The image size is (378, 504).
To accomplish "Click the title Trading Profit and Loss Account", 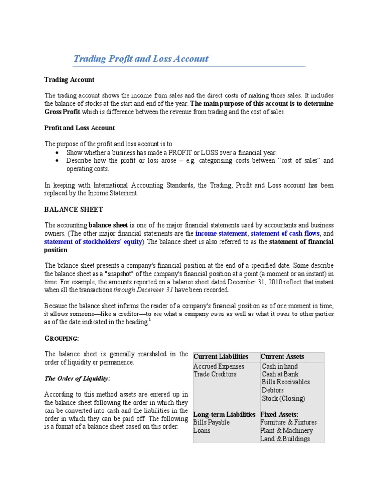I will [141, 59].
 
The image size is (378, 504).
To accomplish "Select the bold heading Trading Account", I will [69, 80].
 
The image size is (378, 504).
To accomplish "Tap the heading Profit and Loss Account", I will [80, 128].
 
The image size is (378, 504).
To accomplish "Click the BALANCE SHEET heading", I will [73, 209].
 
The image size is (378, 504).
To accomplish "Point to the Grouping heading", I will [62, 338].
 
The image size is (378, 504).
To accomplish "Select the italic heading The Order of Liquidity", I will [78, 378].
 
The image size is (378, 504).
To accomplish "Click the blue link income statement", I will [221, 233].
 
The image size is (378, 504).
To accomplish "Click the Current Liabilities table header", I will [221, 356].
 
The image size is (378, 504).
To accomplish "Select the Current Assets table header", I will [282, 356].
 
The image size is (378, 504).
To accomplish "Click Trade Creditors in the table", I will [215, 374].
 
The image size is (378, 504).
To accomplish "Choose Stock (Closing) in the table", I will [283, 398].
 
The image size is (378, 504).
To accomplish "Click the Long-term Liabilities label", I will [224, 414].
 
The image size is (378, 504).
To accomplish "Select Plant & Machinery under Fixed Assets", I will [286, 431].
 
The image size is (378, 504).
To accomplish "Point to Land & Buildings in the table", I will [285, 439].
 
